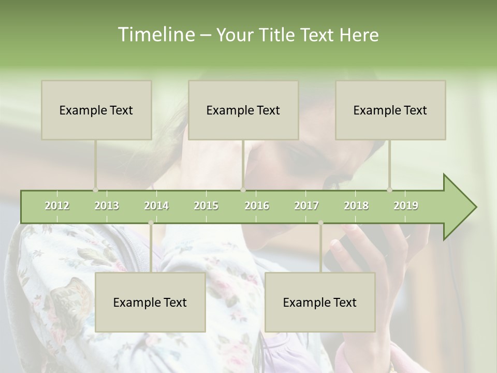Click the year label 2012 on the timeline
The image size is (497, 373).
(57, 206)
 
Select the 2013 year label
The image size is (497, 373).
(107, 206)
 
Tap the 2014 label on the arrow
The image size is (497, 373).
(156, 206)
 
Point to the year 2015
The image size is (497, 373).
(206, 206)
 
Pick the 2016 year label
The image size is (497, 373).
(257, 206)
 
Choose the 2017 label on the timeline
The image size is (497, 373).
(306, 206)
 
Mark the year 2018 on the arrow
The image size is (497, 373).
(356, 206)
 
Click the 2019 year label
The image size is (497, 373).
(406, 206)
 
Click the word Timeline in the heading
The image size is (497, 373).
(155, 35)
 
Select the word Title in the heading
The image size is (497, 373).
(280, 35)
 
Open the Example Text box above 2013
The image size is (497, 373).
(96, 110)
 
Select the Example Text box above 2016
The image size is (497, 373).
(243, 110)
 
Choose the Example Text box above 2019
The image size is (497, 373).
(390, 110)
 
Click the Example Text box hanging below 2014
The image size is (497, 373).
(150, 302)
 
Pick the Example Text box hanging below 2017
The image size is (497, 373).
(320, 302)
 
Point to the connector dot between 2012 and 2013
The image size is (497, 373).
(95, 190)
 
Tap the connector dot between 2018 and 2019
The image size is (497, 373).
(390, 190)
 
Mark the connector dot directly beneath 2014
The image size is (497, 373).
(151, 223)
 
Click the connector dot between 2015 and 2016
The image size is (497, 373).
(243, 190)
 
